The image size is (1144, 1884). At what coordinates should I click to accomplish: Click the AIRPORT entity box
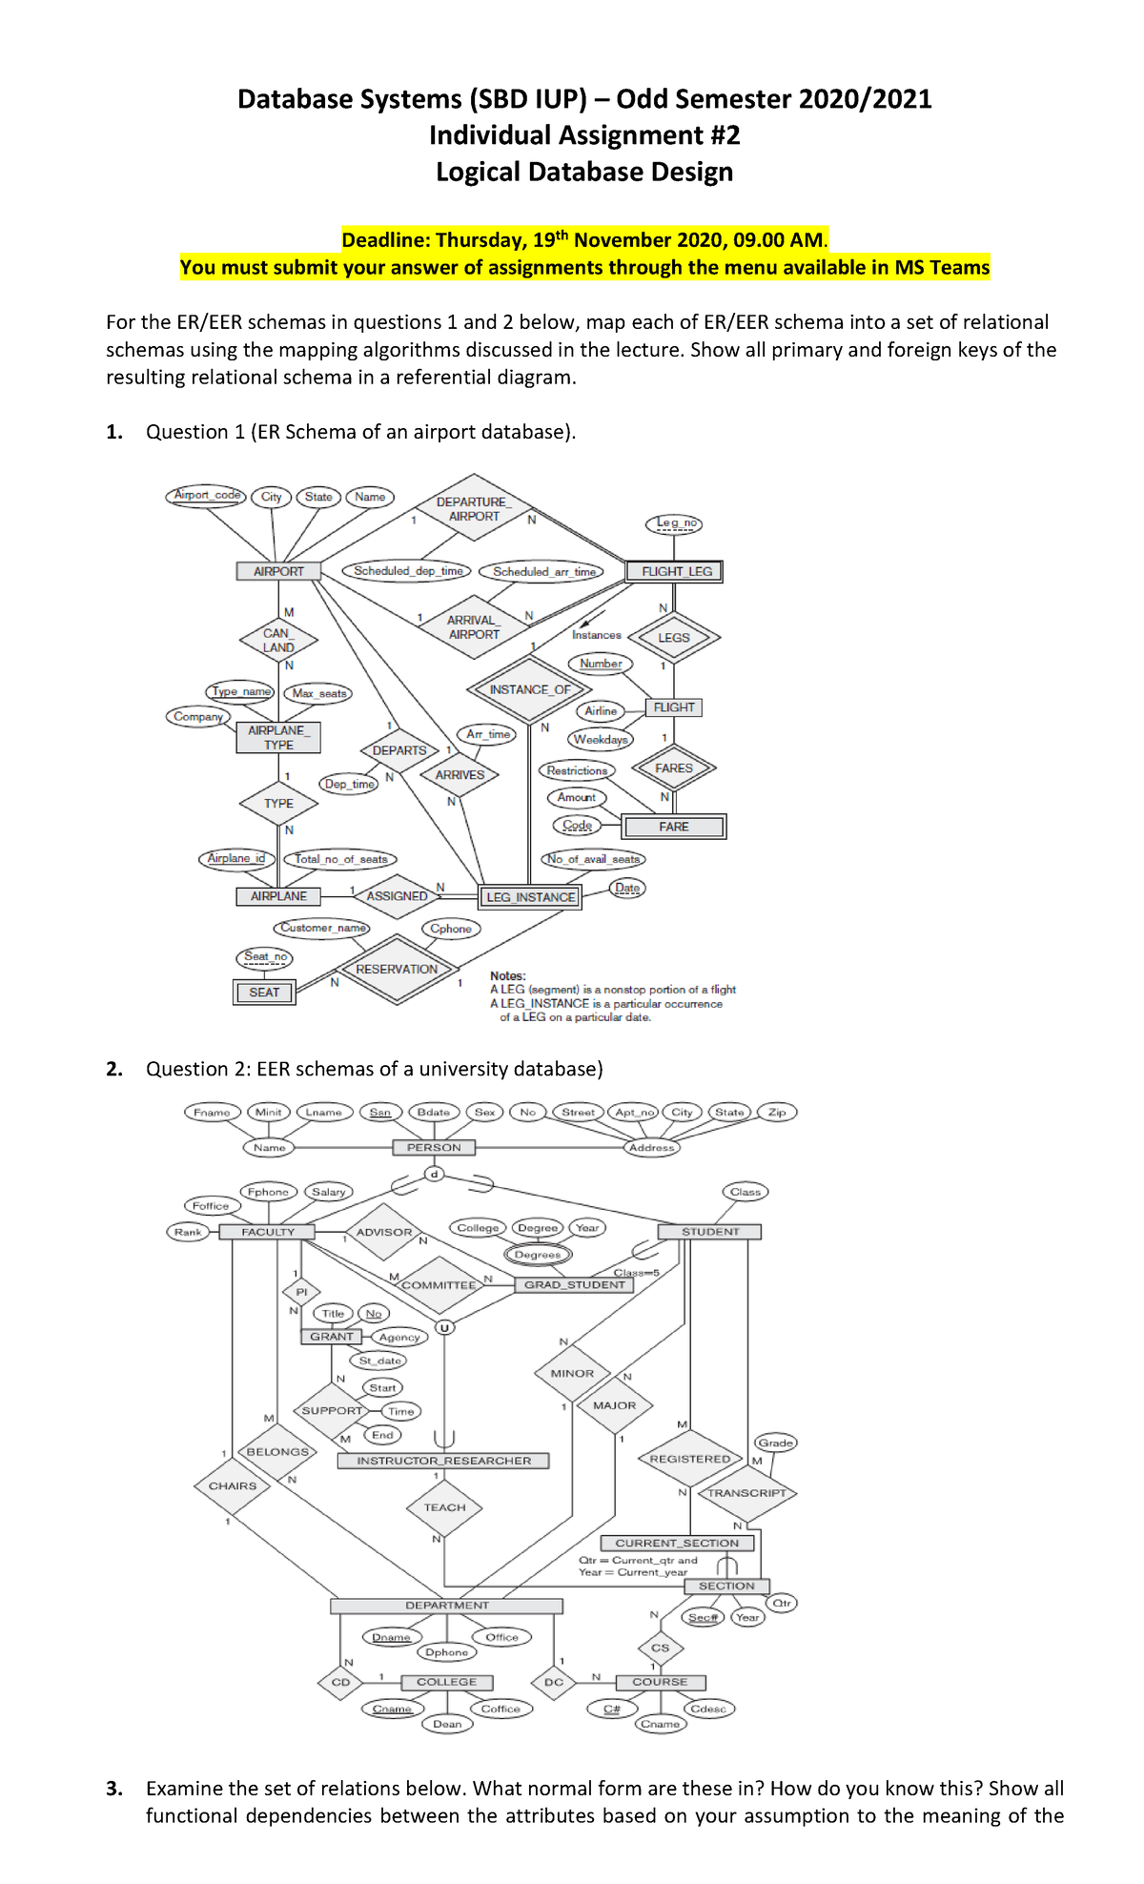(278, 571)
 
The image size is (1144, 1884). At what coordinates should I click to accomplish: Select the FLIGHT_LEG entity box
(675, 571)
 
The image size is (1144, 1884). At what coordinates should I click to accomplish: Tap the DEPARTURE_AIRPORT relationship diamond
(474, 509)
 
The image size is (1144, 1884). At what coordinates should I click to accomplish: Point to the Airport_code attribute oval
(207, 495)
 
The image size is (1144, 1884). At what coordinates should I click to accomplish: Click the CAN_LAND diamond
(278, 640)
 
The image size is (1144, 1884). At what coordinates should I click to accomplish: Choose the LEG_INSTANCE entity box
(530, 897)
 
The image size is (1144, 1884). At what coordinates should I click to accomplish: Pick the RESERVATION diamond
(397, 970)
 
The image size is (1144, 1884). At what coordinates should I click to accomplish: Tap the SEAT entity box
(264, 993)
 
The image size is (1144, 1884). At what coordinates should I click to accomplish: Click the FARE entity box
(673, 827)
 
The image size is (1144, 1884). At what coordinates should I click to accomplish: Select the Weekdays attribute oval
(601, 739)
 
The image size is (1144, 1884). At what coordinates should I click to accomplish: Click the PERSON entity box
(434, 1148)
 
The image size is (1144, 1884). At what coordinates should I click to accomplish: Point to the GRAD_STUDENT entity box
(574, 1284)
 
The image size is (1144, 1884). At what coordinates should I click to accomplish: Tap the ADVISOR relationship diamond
(384, 1232)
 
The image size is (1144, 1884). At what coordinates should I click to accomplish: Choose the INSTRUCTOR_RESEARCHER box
(443, 1461)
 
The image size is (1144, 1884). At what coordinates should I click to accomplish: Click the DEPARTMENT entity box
(446, 1606)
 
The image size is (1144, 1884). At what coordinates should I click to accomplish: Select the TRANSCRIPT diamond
(746, 1493)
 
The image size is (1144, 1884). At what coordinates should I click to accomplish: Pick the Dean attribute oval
(447, 1724)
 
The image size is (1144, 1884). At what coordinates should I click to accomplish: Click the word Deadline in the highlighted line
(385, 240)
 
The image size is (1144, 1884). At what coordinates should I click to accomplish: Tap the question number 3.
(114, 1789)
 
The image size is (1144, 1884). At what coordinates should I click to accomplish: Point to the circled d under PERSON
(434, 1174)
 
